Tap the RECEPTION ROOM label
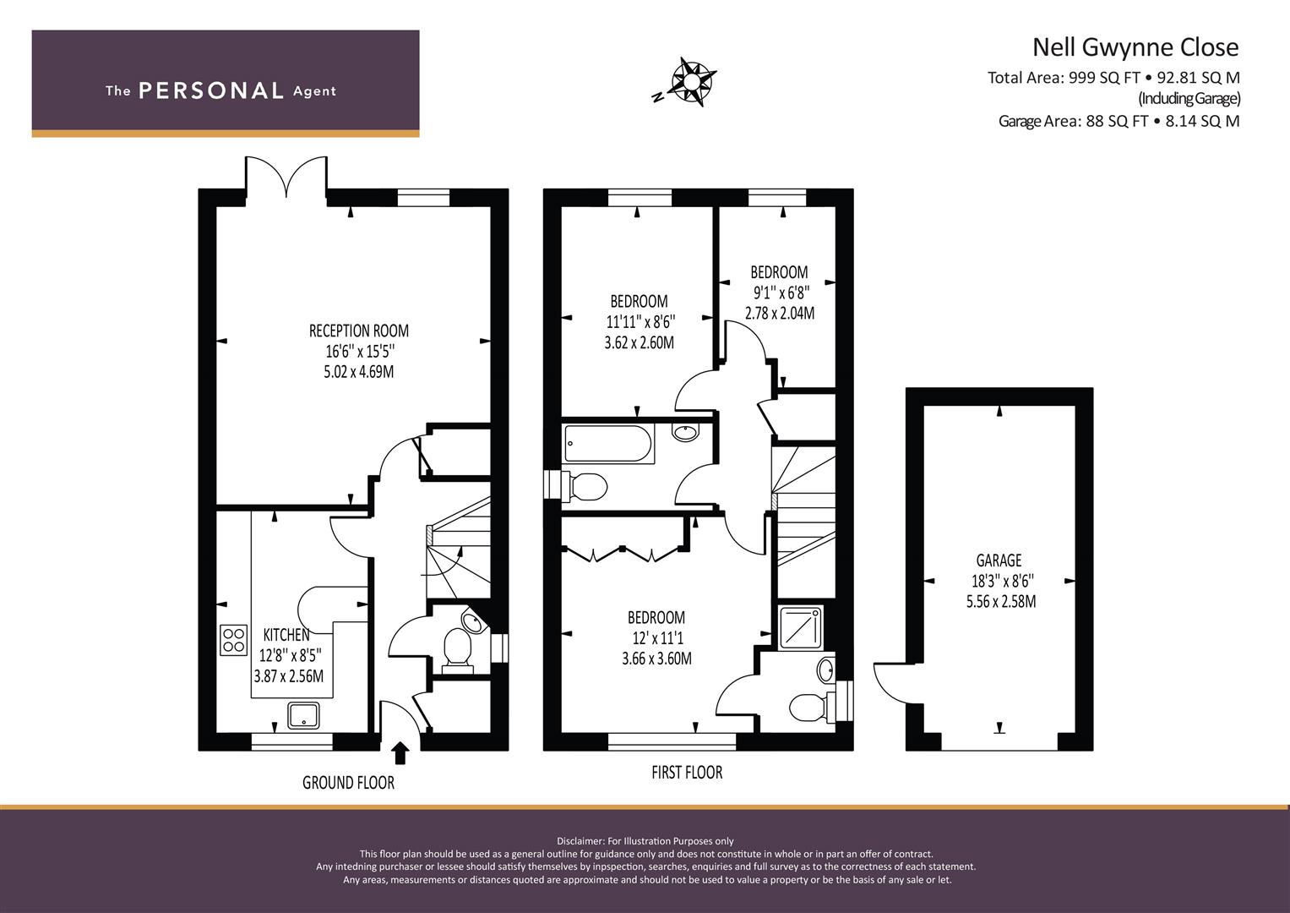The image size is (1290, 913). pos(359,331)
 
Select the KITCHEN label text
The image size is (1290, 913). pos(286,635)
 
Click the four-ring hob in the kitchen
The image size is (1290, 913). pos(234,640)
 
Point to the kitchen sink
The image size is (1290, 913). pos(303,715)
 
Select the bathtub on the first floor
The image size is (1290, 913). pos(608,443)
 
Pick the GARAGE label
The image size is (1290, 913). pos(999,560)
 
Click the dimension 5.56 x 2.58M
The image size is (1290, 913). pos(1001,602)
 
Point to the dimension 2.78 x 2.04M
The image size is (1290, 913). pos(780,313)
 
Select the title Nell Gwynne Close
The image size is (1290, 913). pos(1135,46)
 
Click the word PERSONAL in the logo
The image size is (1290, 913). pos(211,90)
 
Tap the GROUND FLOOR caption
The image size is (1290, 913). pos(348,783)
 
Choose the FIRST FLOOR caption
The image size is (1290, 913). pos(687,773)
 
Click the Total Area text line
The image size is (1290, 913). pos(1113,78)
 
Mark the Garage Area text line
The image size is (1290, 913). pos(1119,121)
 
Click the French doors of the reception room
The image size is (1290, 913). pos(286,175)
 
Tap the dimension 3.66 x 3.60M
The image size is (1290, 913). pos(656,659)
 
